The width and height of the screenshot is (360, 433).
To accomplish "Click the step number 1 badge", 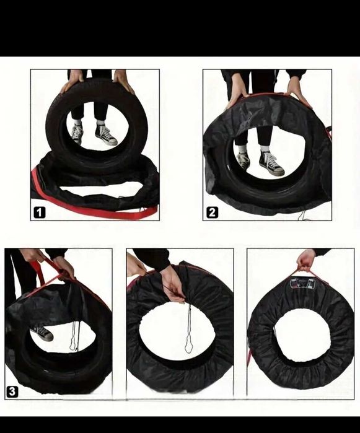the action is (40, 212).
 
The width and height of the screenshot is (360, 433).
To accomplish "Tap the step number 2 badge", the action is (212, 212).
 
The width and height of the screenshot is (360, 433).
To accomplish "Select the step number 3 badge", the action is (12, 392).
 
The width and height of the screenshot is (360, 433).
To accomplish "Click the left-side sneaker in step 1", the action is (77, 134).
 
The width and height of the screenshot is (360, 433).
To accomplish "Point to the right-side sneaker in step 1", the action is (106, 135).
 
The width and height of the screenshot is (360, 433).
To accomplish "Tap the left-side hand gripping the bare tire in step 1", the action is (71, 81).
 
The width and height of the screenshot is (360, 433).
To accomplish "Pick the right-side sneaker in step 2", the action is (271, 163).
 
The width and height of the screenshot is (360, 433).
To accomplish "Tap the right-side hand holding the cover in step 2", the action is (298, 90).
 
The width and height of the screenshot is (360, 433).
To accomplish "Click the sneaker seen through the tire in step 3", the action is (42, 333).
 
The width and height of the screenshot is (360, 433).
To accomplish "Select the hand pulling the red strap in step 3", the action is (64, 268).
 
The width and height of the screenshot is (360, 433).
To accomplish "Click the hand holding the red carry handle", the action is (306, 261).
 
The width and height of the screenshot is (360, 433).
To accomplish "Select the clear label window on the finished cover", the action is (302, 284).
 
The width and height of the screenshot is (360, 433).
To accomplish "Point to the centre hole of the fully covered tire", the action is (302, 335).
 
